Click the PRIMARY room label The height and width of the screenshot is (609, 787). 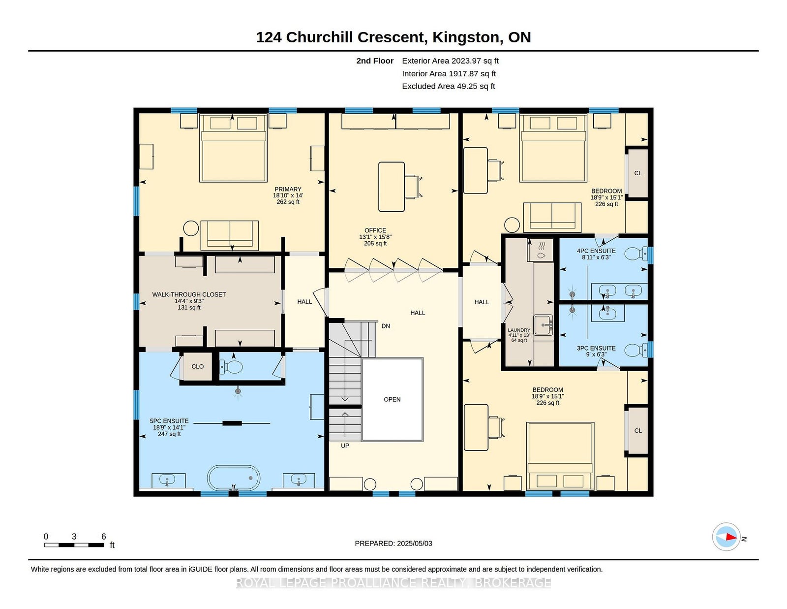click(x=288, y=189)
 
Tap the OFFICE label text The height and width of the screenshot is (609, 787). click(x=375, y=230)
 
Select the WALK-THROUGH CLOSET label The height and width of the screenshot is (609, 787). click(x=189, y=294)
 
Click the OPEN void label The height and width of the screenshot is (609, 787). click(x=392, y=399)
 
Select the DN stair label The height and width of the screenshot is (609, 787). click(x=386, y=326)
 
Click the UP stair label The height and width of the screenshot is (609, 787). click(x=345, y=446)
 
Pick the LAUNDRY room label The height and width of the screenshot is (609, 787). click(x=518, y=330)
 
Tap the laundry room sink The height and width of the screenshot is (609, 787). click(x=543, y=325)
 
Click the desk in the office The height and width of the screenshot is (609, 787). click(x=392, y=187)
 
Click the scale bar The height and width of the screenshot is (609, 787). click(x=74, y=545)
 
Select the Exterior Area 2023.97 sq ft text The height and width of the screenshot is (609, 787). click(x=450, y=61)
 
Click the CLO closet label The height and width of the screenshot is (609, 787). click(x=197, y=366)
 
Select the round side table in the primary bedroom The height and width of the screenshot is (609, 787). click(x=191, y=228)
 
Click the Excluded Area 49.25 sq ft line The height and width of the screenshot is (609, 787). click(x=449, y=86)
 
